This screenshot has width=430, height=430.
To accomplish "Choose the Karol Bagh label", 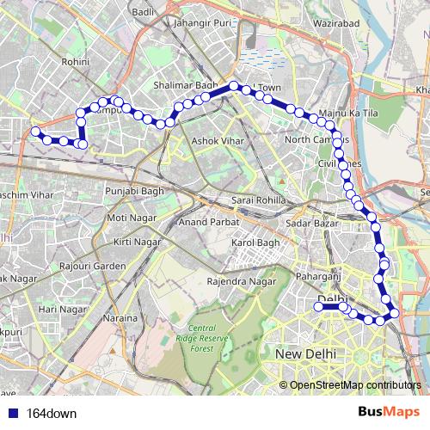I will (251, 243).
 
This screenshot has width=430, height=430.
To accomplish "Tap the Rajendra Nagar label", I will (242, 281).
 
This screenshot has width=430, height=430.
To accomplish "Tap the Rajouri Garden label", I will (92, 266).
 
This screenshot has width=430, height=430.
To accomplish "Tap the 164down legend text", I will (52, 413).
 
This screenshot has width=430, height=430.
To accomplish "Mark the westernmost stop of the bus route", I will (36, 132).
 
